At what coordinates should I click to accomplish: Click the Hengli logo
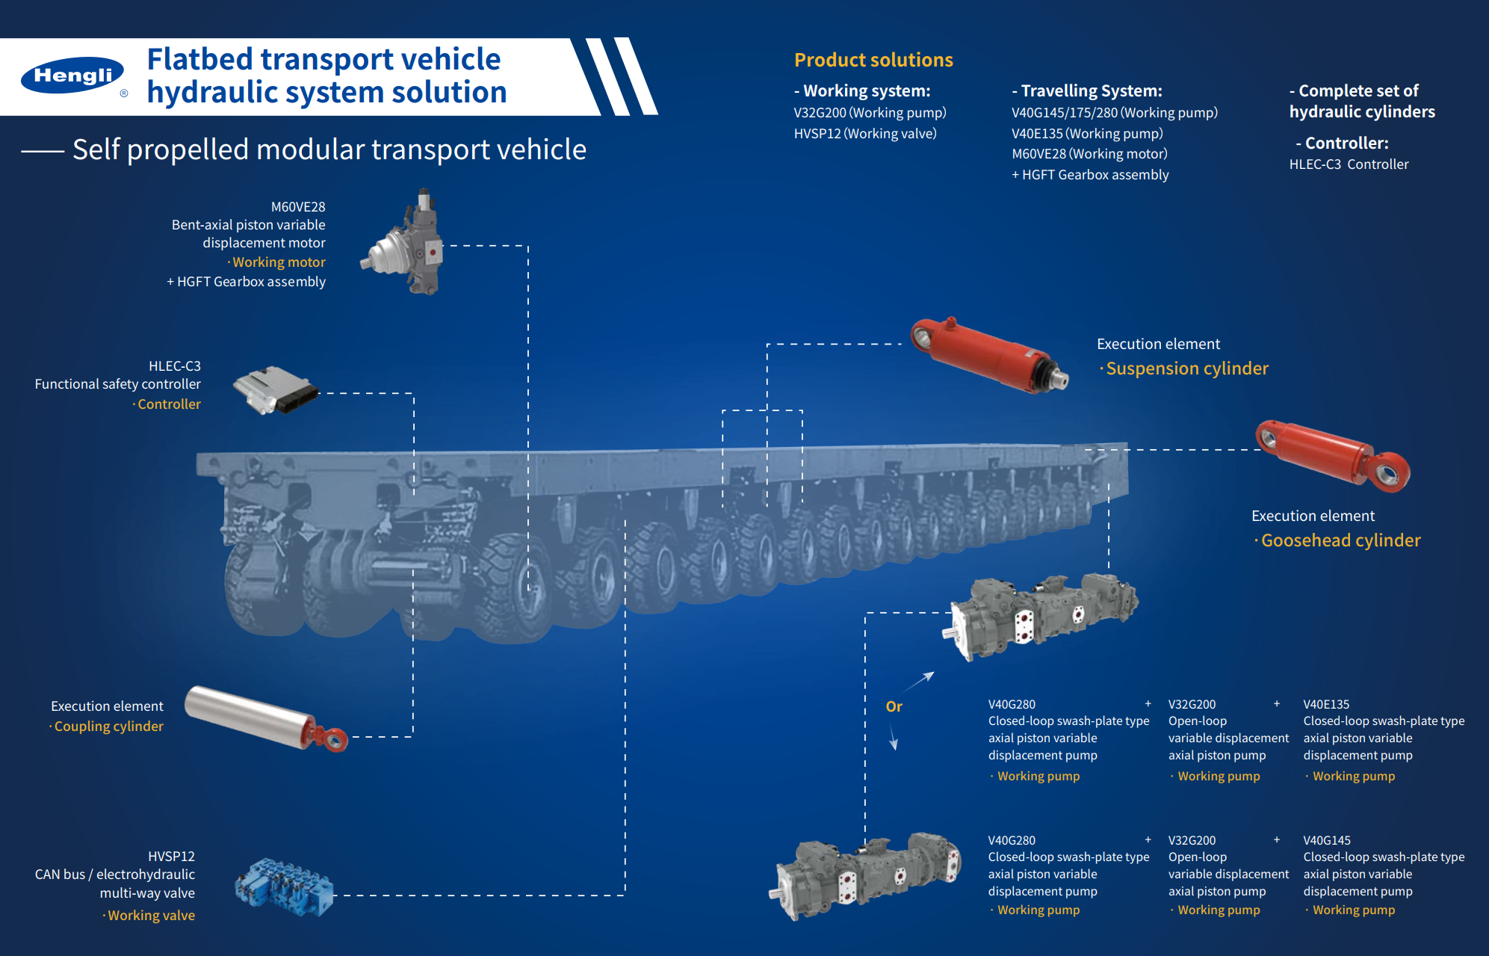tap(72, 75)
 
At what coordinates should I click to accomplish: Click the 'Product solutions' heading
tap(873, 60)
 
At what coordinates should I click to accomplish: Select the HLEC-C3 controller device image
tap(274, 389)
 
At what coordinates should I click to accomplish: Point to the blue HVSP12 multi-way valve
tap(285, 887)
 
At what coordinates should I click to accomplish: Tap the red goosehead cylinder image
tap(1333, 455)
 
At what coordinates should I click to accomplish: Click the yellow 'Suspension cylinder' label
tap(1186, 368)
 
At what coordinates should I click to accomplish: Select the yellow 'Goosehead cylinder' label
tap(1340, 540)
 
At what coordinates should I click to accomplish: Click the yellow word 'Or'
tap(894, 706)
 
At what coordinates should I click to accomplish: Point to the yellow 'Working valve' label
tap(151, 916)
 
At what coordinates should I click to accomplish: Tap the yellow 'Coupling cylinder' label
tap(108, 727)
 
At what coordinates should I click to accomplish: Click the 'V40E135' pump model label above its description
tap(1326, 704)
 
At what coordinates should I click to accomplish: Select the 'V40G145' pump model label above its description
tap(1327, 840)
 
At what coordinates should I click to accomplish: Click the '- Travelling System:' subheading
tap(1087, 90)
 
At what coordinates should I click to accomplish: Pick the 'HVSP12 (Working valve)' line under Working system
tap(865, 134)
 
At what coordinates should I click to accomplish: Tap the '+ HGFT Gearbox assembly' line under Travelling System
tap(1090, 175)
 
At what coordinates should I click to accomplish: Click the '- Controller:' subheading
tap(1343, 143)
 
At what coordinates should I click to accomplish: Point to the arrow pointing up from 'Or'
tap(920, 681)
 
